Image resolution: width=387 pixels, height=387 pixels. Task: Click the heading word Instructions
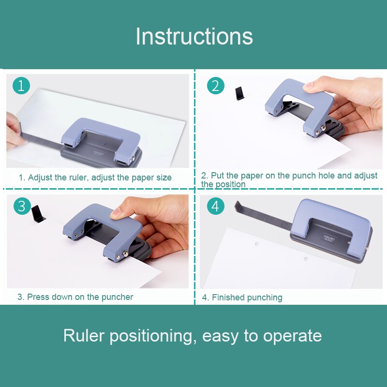click(194, 36)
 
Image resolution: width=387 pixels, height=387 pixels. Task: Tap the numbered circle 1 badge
click(21, 86)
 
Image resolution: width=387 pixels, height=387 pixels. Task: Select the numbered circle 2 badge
click(216, 86)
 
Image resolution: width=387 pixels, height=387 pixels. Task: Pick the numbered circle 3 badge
click(21, 206)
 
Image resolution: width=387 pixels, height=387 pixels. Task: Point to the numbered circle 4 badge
click(216, 206)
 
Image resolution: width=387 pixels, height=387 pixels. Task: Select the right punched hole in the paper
click(306, 259)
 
